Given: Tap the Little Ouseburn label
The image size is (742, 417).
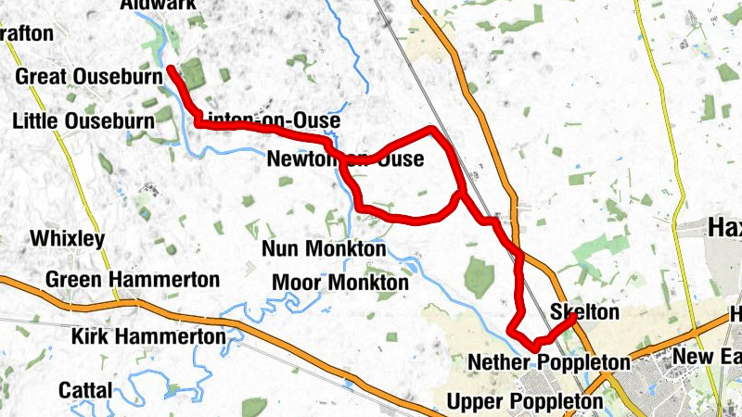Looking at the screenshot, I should pos(83,121).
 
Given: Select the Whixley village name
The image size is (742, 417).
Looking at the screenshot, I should pos(67,239).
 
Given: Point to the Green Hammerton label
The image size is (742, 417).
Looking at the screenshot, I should pos(133,279).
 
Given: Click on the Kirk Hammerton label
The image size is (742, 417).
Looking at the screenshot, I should pos(147,336).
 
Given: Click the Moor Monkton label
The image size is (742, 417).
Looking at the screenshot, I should pos(339,282).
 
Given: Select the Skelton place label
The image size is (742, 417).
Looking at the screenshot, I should pos(584,313).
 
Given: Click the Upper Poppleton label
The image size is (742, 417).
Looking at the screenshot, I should pos(525,402).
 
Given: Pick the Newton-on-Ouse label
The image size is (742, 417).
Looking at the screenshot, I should pos(344,160).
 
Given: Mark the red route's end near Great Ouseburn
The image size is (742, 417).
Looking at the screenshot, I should pos(171,69).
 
